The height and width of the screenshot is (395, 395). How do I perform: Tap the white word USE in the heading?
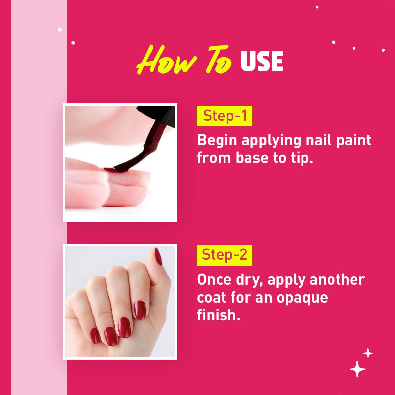[x=262, y=61]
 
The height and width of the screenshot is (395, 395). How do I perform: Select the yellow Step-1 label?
[x=224, y=116]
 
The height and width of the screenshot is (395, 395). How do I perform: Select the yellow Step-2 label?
[x=224, y=255]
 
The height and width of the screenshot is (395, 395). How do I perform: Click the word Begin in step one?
[x=217, y=141]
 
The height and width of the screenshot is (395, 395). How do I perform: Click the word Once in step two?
[x=214, y=279]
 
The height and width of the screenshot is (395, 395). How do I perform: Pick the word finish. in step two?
[x=219, y=315]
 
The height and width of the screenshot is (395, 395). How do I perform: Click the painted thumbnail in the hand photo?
[x=158, y=256]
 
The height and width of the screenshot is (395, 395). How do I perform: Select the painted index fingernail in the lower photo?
[x=140, y=310]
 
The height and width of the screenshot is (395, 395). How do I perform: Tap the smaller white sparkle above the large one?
[x=368, y=353]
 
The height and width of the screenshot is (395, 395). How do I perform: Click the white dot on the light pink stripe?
[x=60, y=29]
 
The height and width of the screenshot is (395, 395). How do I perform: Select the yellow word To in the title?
[x=219, y=60]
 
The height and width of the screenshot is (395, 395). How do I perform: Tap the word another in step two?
[x=337, y=279]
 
